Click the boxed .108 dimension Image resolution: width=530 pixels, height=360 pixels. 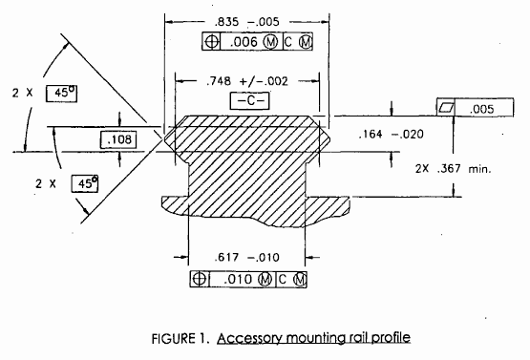(119, 139)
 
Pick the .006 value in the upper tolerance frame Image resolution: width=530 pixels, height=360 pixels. (244, 42)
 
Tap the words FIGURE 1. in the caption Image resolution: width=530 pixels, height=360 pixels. (182, 339)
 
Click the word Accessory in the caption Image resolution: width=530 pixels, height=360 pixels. (251, 339)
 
